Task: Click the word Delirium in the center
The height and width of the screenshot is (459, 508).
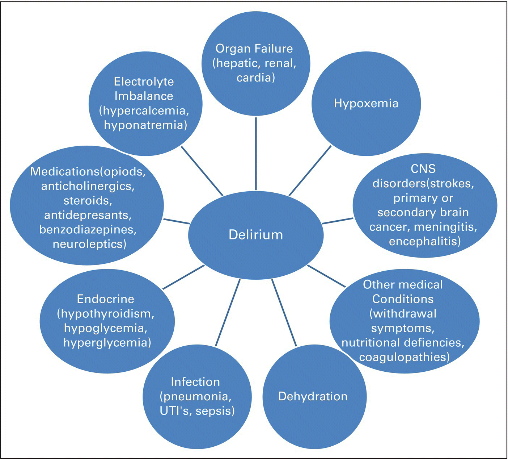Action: click(x=255, y=235)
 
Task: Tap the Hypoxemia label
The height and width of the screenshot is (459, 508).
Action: click(x=366, y=104)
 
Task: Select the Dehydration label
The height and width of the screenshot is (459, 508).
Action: click(x=313, y=396)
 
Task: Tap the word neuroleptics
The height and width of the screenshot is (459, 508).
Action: click(x=88, y=244)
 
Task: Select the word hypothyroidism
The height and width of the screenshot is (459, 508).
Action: click(x=107, y=313)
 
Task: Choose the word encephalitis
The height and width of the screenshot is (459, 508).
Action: click(x=423, y=241)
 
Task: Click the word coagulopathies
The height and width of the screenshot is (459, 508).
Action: click(x=403, y=357)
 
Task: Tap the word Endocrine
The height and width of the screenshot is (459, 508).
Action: click(x=105, y=299)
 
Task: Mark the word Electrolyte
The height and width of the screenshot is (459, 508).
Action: click(x=144, y=82)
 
